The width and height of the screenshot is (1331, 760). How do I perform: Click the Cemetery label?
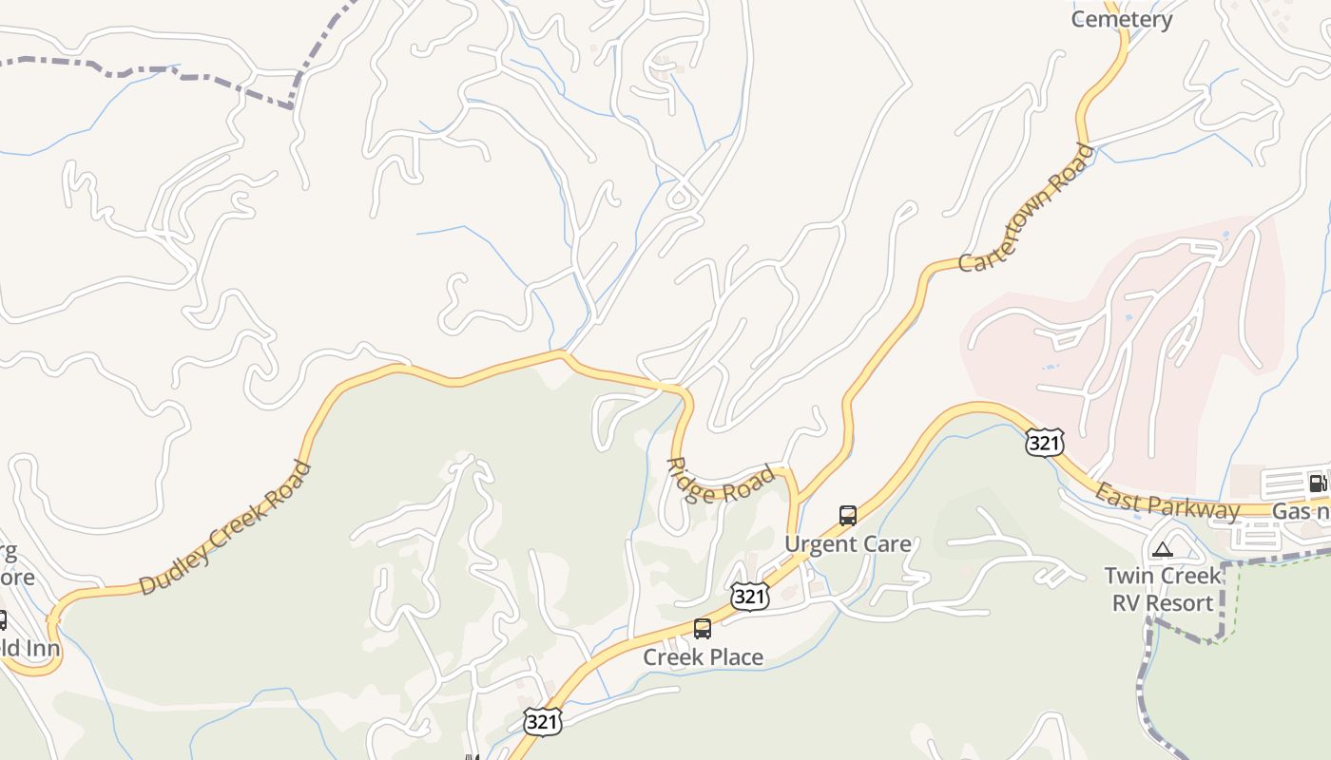1121,19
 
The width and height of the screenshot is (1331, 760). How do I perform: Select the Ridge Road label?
721,481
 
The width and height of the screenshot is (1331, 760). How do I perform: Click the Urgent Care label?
847,544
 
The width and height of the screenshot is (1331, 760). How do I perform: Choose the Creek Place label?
703,657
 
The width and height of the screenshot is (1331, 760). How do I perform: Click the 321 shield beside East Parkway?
1044,442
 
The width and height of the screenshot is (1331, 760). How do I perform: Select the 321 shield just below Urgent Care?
749,596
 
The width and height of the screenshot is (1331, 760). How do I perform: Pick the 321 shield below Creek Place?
541,721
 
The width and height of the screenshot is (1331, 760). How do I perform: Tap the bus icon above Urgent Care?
847,516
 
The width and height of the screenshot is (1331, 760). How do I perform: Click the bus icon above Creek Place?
703,629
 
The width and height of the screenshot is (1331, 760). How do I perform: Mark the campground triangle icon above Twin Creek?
1162,549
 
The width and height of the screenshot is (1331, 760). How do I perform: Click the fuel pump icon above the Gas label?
1317,483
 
